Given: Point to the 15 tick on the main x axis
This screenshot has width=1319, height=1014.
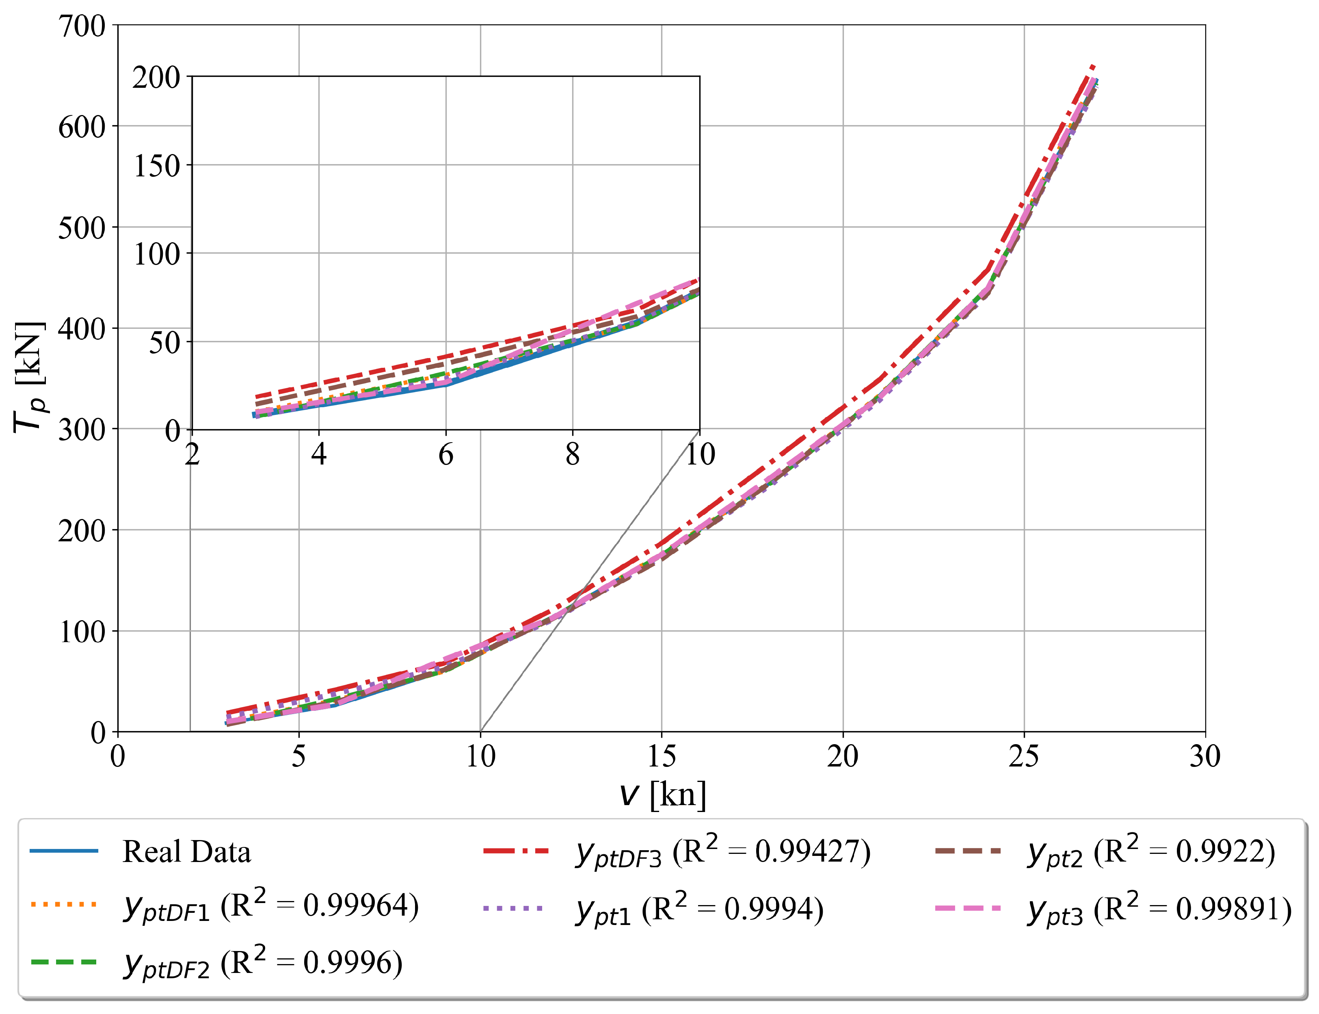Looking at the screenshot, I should click(662, 756).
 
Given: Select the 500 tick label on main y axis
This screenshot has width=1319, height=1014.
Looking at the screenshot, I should click(81, 228).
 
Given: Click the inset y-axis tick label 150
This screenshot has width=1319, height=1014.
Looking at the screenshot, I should click(156, 166).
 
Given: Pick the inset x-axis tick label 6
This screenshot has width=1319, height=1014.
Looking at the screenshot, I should click(446, 454).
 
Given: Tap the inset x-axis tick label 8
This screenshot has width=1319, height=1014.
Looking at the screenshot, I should click(572, 454).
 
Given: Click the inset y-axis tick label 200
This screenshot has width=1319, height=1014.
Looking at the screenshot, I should click(156, 78).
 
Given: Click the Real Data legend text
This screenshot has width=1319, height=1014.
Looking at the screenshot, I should click(186, 852).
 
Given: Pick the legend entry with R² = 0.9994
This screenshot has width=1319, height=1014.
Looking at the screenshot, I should click(700, 909).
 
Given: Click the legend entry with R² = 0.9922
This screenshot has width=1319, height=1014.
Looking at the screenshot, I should click(1151, 852).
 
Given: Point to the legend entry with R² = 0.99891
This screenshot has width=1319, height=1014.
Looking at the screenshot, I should click(1159, 909).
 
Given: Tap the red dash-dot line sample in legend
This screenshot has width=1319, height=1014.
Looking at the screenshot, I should click(516, 851).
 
